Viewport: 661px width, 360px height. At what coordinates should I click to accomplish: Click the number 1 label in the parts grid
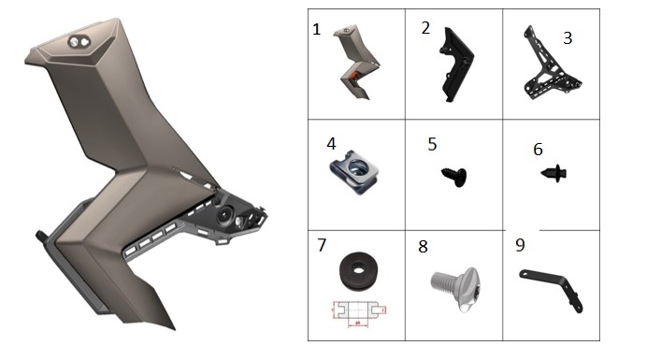(x=317, y=29)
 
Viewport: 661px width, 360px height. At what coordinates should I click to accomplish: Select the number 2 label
(x=425, y=28)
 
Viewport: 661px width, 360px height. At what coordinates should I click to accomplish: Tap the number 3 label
(x=568, y=37)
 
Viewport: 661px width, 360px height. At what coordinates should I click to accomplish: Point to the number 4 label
(x=331, y=144)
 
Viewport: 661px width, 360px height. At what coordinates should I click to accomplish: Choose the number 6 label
(x=538, y=149)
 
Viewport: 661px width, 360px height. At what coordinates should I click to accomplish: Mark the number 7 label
(x=322, y=245)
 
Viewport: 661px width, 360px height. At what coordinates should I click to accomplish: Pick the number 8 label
(x=424, y=247)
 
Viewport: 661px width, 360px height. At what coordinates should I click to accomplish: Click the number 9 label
(x=521, y=245)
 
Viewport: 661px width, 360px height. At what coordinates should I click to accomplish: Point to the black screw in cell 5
(x=454, y=175)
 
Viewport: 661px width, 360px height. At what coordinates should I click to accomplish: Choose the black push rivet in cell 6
(x=555, y=173)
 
